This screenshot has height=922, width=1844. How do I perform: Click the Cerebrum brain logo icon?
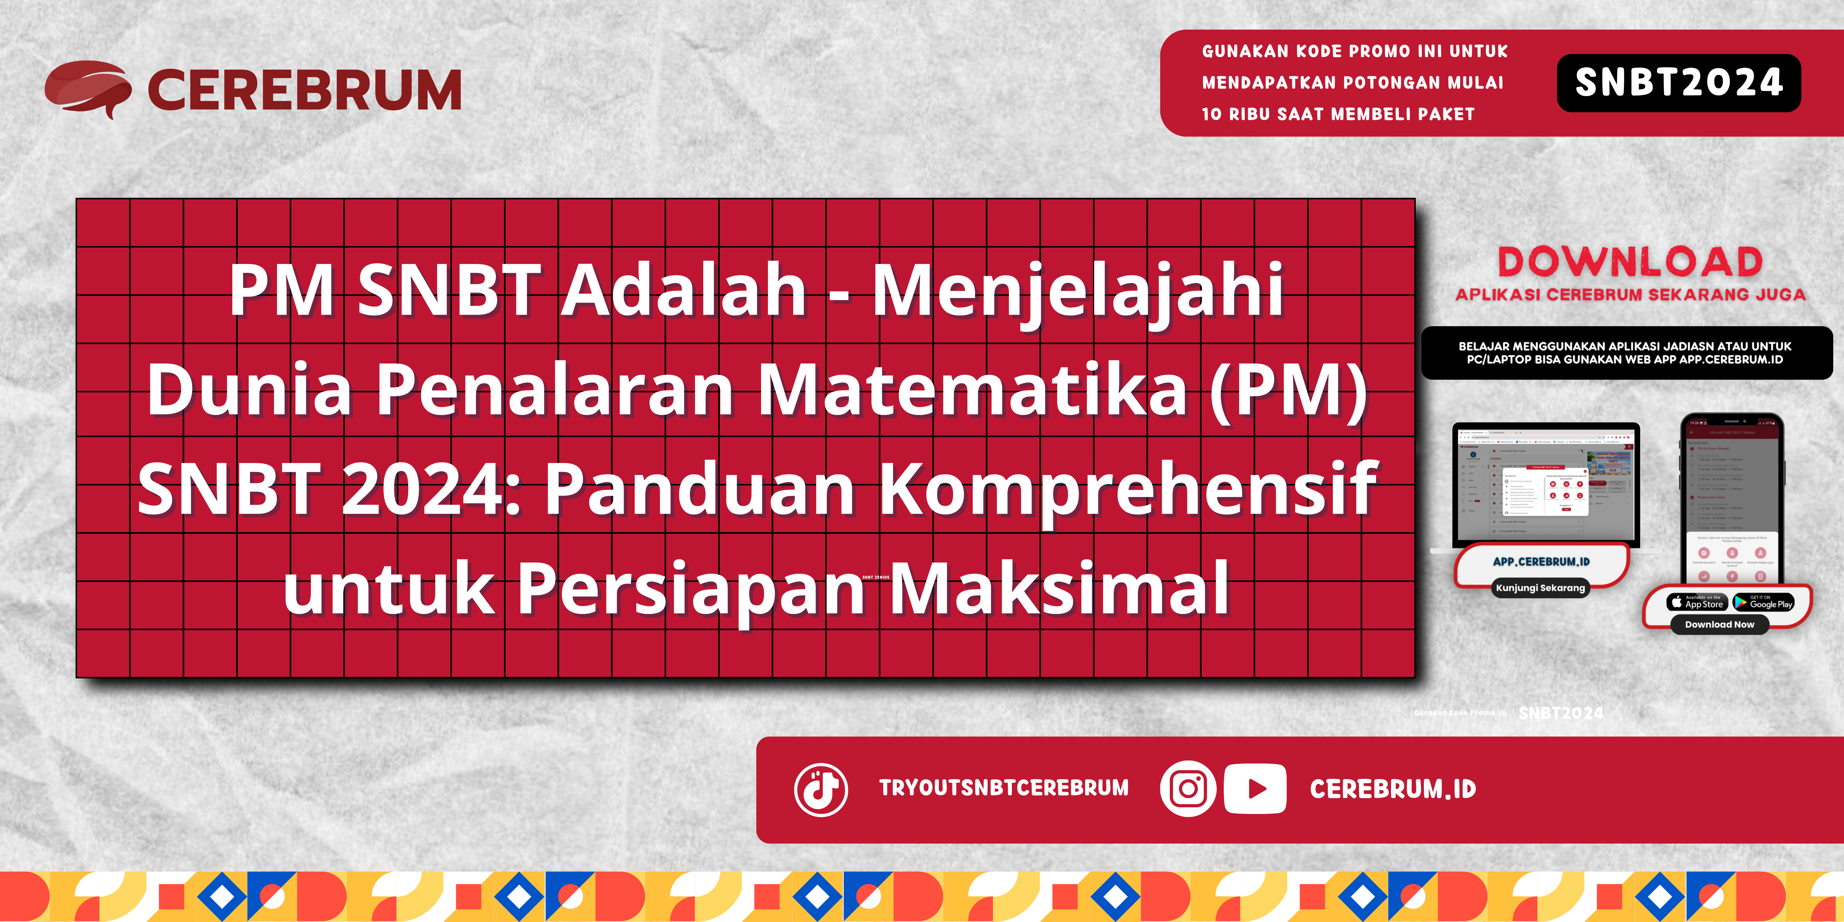pos(87,89)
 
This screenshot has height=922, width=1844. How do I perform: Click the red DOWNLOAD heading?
pos(1630,262)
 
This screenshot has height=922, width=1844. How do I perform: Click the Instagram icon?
pos(1187,789)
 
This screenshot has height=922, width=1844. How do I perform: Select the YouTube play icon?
pos(1255,789)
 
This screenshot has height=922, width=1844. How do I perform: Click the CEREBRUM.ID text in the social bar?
pos(1392,789)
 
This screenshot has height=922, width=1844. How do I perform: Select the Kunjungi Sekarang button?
pos(1540,588)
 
